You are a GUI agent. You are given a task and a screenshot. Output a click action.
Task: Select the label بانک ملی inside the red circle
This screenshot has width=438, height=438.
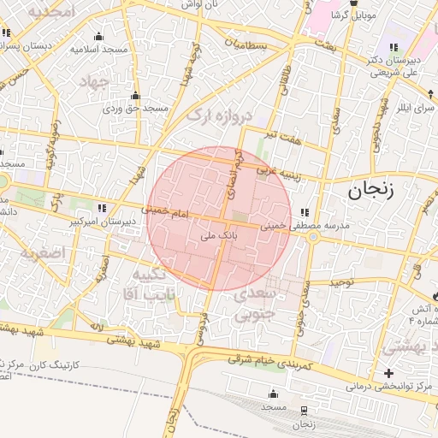pos(217,233)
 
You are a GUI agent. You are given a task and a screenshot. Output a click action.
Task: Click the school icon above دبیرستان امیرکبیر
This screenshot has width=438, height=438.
pos(102,208)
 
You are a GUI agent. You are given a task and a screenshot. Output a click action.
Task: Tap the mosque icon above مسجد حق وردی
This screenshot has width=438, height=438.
pos(135,96)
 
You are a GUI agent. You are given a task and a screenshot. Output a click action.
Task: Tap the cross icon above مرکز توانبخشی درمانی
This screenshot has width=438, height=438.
pos(389,373)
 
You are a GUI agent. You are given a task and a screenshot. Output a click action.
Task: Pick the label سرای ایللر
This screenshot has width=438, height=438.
pos(414,109)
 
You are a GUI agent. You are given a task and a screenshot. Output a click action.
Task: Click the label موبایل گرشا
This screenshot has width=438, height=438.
pos(352,16)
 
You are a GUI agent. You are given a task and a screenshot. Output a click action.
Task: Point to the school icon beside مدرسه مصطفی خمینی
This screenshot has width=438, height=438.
pos(305,213)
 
